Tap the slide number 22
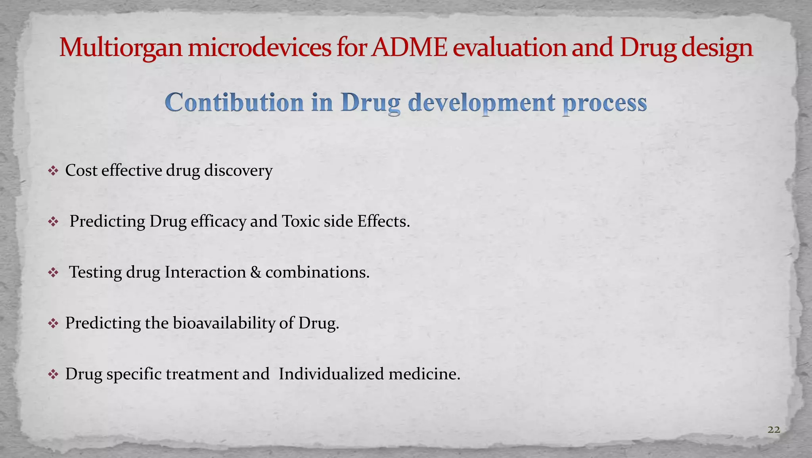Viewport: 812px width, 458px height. [774, 429]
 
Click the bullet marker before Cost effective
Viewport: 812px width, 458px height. [53, 171]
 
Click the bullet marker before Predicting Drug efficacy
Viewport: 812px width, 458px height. [53, 222]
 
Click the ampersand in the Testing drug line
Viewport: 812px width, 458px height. [256, 272]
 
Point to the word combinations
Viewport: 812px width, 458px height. [317, 272]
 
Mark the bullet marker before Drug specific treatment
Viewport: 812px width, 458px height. [53, 375]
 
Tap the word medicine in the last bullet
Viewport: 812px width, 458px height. [424, 374]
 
